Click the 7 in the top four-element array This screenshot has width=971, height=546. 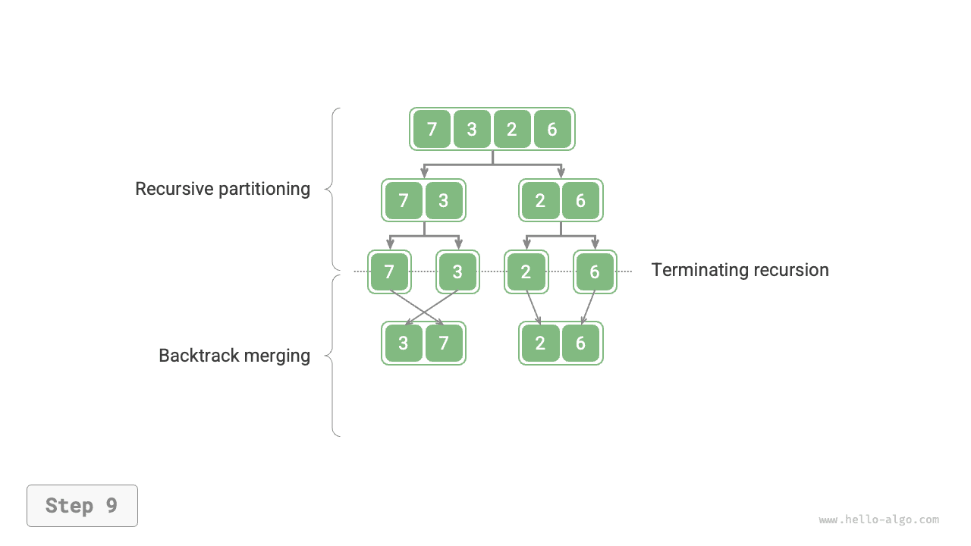coord(432,129)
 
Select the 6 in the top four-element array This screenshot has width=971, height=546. coord(552,129)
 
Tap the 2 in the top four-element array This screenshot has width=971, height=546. coord(512,129)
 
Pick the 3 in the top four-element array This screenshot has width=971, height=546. coord(472,129)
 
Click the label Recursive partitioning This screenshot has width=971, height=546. coord(222,189)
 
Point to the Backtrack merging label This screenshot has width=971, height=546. coord(234,356)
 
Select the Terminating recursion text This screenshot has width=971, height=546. coord(740,270)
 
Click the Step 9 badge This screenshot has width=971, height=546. coord(82,506)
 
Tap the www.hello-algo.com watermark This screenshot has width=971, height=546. coord(878,520)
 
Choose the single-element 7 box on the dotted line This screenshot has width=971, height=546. coord(389,271)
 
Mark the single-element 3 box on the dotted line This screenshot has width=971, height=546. coord(457,271)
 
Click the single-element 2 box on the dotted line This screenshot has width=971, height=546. coord(526,271)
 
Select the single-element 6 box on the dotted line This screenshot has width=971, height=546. coord(595,271)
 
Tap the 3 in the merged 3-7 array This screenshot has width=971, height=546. coord(403,344)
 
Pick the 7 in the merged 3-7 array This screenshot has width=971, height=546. coord(444,344)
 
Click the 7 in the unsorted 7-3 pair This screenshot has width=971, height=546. coord(403,200)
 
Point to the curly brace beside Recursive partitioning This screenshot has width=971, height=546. coord(332,189)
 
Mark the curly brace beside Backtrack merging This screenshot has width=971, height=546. coord(332,356)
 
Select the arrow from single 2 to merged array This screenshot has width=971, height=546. coord(533,307)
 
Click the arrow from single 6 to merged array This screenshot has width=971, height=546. coord(588,307)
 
